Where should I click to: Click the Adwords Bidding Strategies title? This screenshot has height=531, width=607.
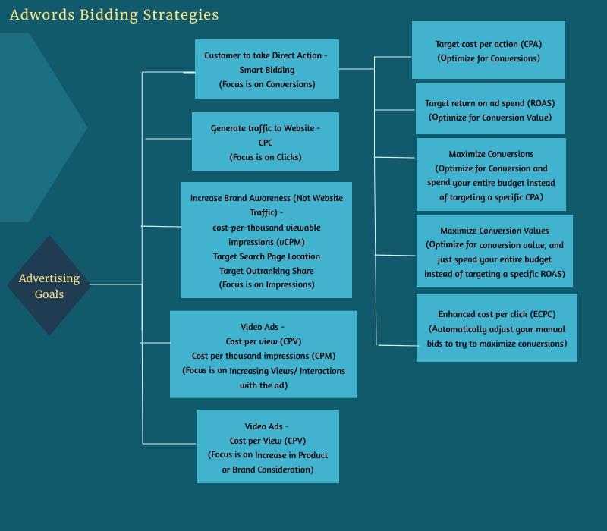(x=114, y=15)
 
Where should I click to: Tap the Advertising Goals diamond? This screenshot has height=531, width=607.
(x=49, y=285)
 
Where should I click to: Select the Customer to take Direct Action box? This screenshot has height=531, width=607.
(x=267, y=69)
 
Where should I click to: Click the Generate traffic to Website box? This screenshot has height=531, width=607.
(x=266, y=142)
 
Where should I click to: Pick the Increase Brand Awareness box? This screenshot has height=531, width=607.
(x=266, y=240)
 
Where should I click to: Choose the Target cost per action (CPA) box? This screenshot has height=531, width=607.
(x=489, y=50)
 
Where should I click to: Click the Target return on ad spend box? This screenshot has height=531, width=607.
(x=490, y=109)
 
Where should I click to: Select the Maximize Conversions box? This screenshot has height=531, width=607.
(x=491, y=174)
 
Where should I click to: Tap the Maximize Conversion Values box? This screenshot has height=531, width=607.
(x=495, y=251)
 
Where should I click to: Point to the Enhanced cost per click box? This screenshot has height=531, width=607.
(x=497, y=328)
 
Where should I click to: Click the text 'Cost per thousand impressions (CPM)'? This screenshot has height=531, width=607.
(x=263, y=356)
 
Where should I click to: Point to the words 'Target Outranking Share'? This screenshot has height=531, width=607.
(x=266, y=271)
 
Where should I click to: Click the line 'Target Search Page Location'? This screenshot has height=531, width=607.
(x=266, y=256)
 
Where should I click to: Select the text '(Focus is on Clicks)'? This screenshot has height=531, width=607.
(x=266, y=157)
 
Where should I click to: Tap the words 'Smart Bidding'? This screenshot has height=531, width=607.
(x=267, y=70)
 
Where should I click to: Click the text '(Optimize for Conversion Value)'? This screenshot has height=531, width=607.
(x=490, y=118)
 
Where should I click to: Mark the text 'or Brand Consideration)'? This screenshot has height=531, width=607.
(x=268, y=470)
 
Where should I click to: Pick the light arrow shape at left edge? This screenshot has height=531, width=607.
(x=38, y=127)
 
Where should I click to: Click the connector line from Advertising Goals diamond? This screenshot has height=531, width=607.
(x=115, y=284)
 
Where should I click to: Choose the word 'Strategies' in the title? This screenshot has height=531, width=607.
(x=181, y=15)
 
